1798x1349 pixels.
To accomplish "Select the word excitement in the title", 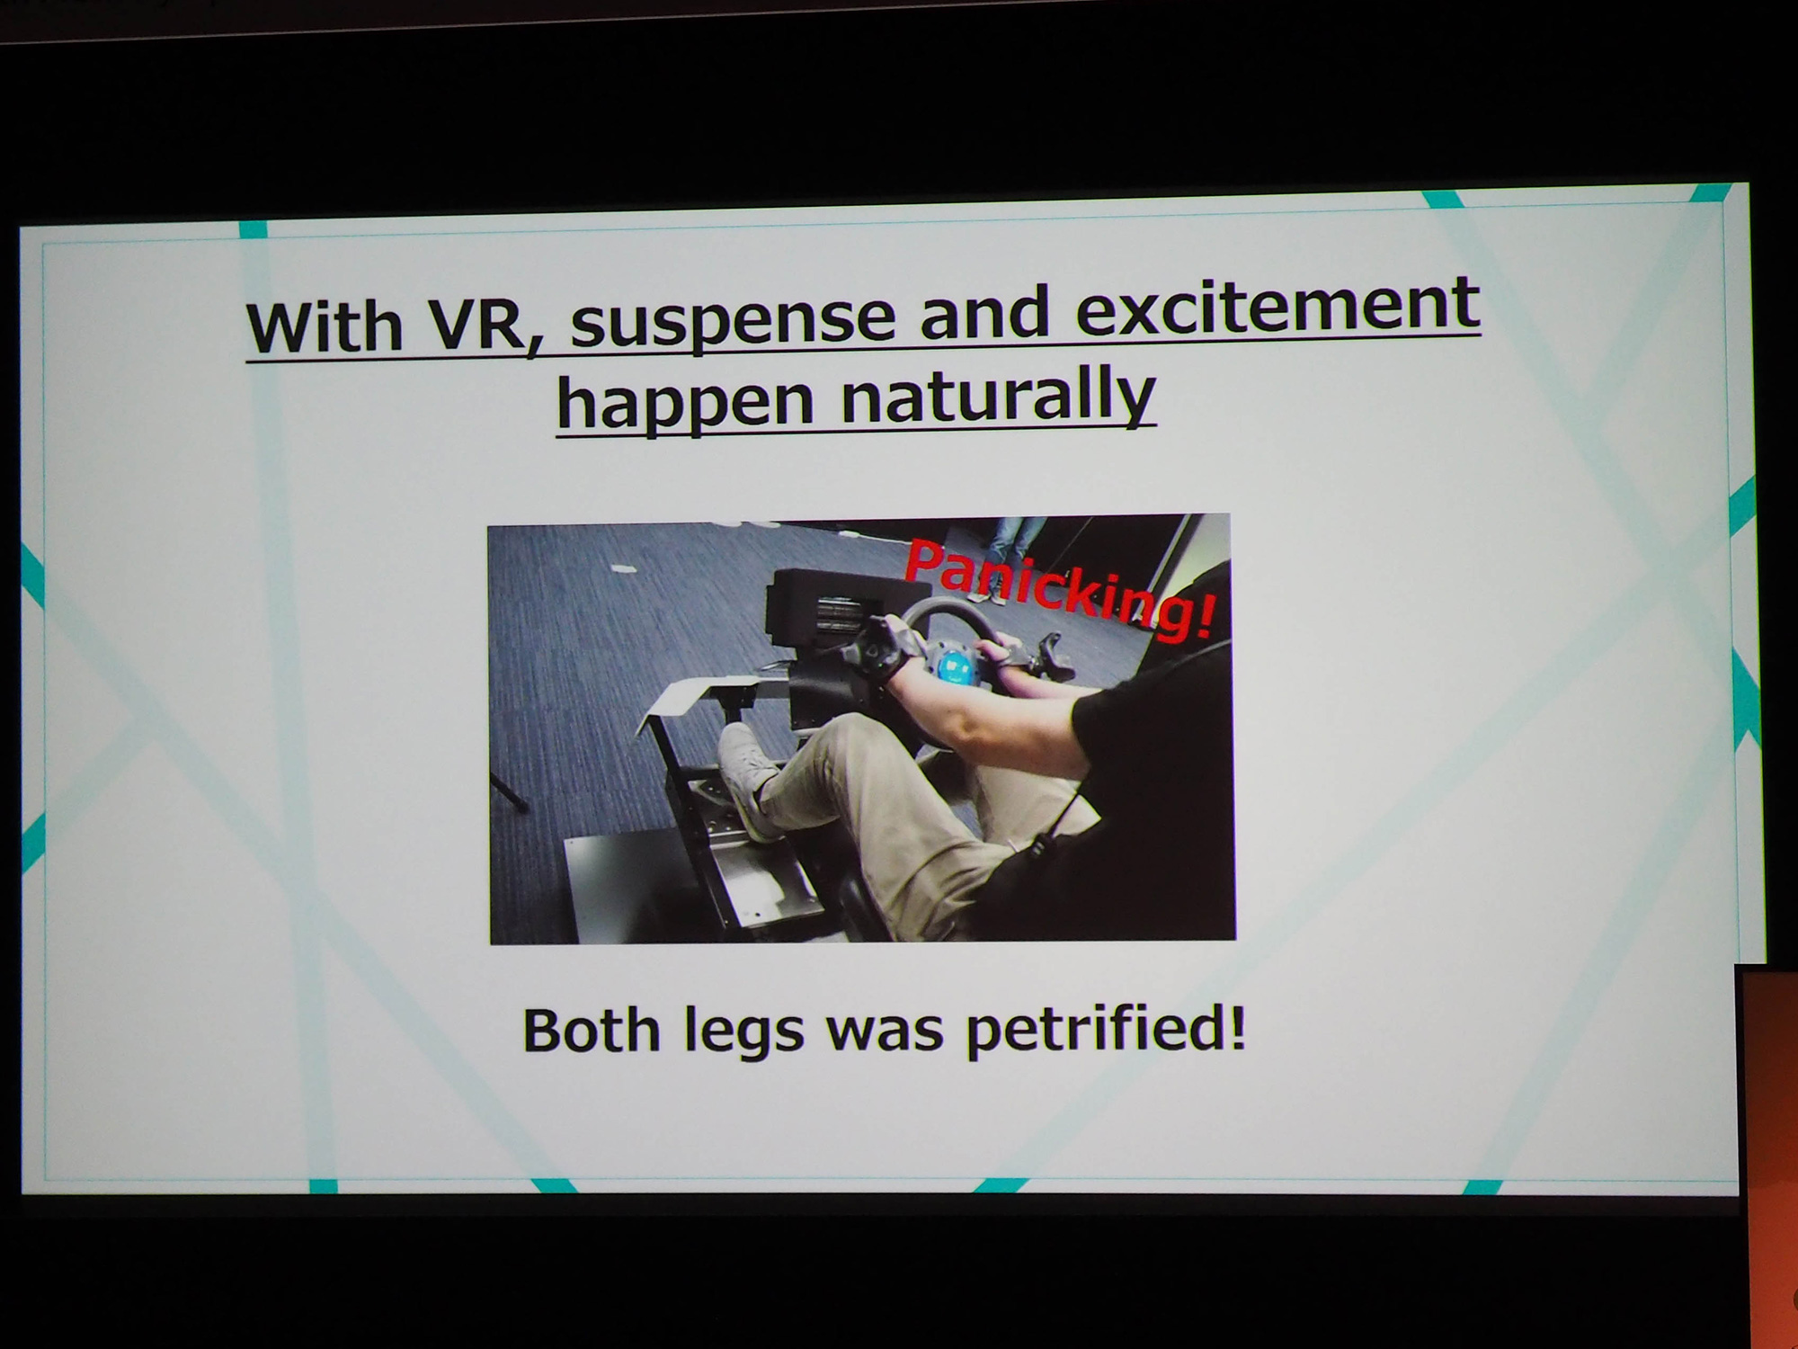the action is (1277, 306).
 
